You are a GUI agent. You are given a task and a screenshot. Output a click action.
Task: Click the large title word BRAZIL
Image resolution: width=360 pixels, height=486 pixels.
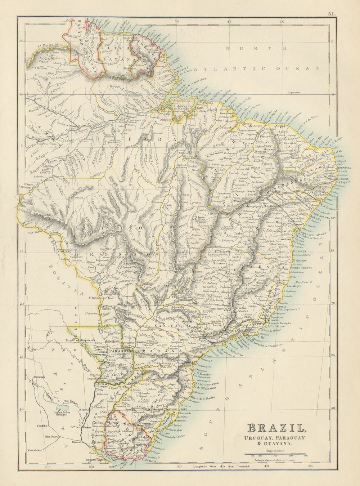[276, 428]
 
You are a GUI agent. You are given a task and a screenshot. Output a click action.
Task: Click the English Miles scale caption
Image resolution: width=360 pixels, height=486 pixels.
[276, 450]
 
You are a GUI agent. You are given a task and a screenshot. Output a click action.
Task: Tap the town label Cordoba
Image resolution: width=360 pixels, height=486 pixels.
[42, 425]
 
